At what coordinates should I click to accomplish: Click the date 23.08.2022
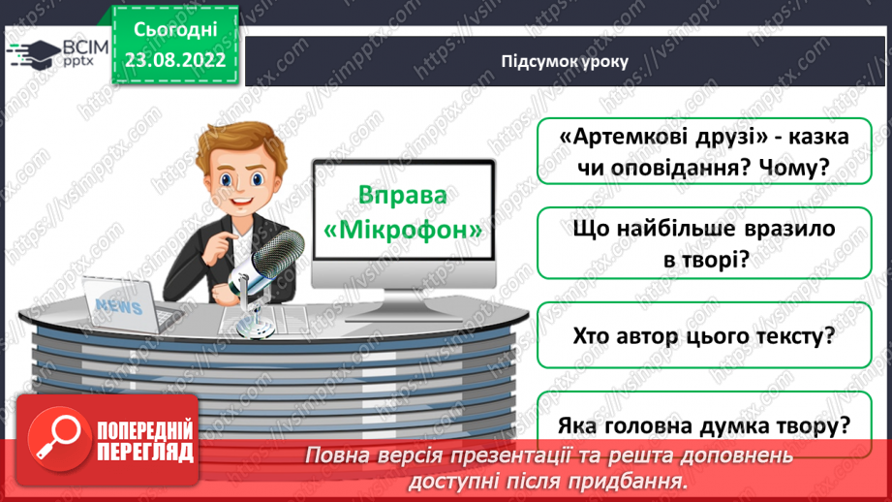tap(175, 57)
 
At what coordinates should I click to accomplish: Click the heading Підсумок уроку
tap(565, 61)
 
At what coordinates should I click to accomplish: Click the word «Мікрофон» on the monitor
tap(403, 233)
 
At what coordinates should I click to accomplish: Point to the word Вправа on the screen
tap(403, 194)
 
